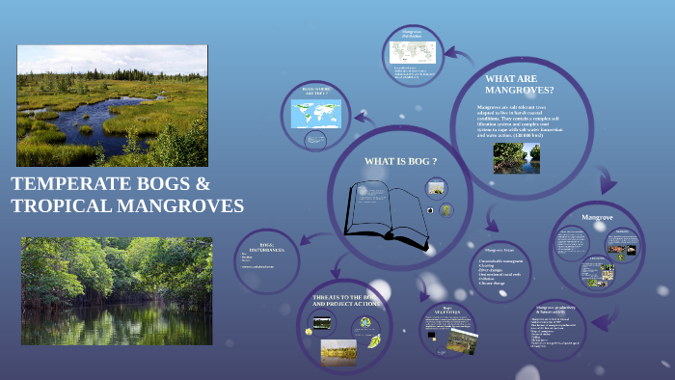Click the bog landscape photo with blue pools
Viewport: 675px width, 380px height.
112,105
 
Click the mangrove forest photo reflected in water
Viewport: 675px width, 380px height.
116,290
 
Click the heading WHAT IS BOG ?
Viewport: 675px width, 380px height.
400,160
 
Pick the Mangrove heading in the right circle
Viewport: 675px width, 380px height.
598,218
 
